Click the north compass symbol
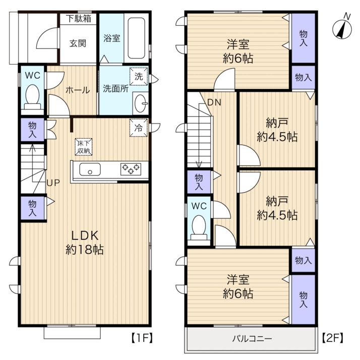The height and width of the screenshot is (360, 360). (342, 28)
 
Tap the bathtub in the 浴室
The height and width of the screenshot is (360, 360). (136, 38)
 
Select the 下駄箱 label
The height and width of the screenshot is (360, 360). (79, 19)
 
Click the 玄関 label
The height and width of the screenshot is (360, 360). (78, 43)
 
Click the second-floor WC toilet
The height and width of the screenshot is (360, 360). (199, 227)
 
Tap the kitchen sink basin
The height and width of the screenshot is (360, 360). (90, 169)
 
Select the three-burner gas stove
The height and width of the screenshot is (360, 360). (131, 169)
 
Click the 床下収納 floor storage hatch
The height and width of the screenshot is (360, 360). (84, 147)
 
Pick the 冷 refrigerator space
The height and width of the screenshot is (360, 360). (139, 128)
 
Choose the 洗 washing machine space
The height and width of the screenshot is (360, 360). (139, 77)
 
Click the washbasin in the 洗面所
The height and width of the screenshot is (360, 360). (141, 103)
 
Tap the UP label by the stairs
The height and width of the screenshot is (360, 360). (53, 183)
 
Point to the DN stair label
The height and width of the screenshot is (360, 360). (214, 102)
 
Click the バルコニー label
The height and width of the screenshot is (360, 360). (252, 338)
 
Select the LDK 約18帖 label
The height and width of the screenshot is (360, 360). (85, 243)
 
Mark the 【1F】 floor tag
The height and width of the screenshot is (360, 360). (142, 338)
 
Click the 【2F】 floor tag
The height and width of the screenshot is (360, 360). (333, 338)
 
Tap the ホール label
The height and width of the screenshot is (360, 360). (78, 90)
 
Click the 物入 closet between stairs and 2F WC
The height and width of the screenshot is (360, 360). (199, 182)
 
